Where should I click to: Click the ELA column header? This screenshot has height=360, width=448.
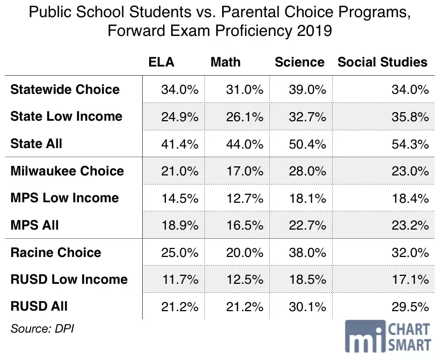[x=161, y=62]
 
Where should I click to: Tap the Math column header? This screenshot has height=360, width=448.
[x=225, y=62]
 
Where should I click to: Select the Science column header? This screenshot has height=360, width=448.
[x=299, y=62]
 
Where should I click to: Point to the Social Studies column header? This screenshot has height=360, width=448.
[x=383, y=62]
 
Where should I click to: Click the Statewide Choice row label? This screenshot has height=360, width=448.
[x=65, y=90]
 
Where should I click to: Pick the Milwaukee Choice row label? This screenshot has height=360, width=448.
[x=67, y=171]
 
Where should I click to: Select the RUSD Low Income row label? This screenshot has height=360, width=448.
[x=69, y=279]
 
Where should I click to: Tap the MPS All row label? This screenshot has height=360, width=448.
[x=34, y=225]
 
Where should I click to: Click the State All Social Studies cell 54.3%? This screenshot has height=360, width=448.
[x=410, y=144]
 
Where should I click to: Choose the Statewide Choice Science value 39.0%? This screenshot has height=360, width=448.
[x=307, y=90]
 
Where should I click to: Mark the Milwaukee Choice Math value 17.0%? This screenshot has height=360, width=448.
[x=245, y=171]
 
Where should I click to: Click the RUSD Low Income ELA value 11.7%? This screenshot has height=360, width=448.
[x=180, y=280]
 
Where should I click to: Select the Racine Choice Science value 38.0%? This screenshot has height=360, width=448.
[x=307, y=253]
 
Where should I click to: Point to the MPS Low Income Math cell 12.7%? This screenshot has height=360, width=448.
[x=245, y=199]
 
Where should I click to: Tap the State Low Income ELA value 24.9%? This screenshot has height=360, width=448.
[x=180, y=117]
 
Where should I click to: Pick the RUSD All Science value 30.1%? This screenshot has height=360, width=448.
[x=307, y=307]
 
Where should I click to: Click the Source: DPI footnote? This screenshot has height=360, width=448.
[x=42, y=328]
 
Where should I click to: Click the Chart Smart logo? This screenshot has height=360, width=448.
[x=388, y=336]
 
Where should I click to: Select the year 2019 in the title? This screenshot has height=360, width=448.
[x=314, y=31]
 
